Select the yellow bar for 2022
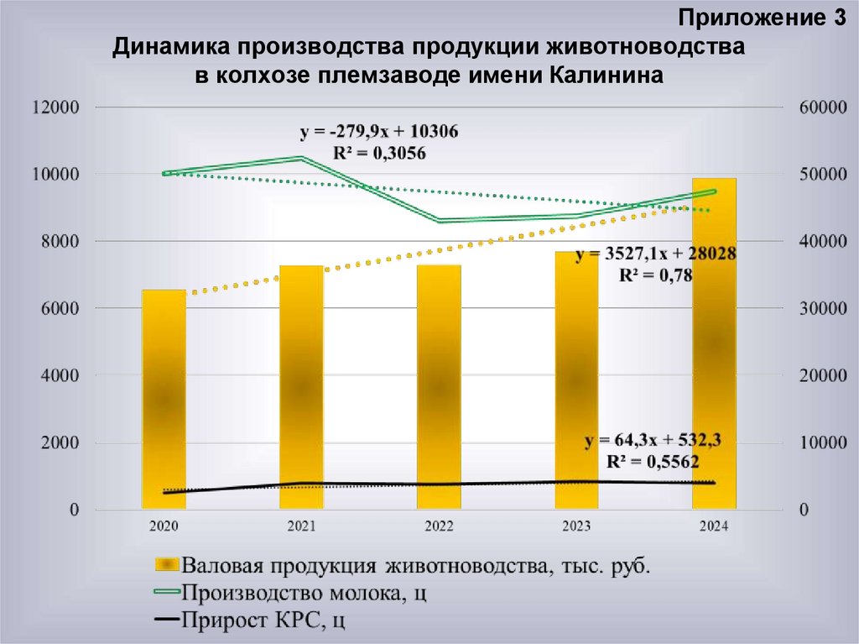coord(439,386)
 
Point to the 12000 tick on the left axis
coord(55,107)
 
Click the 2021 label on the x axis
coord(301,526)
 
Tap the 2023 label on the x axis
coord(576,526)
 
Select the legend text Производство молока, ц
coord(305,593)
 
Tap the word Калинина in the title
coord(607,75)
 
